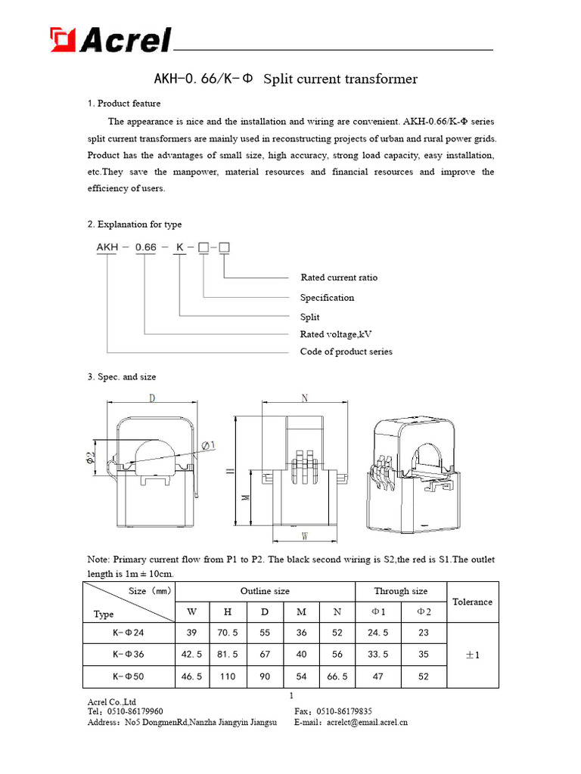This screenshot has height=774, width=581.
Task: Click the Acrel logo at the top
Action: (110, 39)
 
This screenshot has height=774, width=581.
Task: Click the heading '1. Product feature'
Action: (124, 104)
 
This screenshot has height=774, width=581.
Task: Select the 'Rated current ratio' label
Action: (339, 277)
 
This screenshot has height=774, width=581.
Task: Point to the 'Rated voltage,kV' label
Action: (336, 334)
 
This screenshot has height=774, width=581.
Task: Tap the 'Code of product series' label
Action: (346, 351)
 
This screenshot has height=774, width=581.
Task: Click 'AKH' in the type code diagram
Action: (107, 247)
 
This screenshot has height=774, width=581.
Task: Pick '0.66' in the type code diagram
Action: (145, 247)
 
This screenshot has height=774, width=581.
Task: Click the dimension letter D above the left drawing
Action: (152, 398)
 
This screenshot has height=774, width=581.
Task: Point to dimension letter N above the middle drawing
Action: (304, 398)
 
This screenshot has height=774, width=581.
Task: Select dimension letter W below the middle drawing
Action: (304, 537)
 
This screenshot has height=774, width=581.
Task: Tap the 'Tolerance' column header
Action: (472, 602)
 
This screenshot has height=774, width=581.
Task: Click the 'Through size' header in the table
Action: (400, 591)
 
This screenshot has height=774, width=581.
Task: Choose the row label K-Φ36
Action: (127, 655)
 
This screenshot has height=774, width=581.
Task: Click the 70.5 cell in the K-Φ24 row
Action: (228, 633)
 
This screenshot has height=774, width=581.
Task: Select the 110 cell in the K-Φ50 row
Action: (228, 677)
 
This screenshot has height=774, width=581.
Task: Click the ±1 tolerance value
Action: (472, 655)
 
